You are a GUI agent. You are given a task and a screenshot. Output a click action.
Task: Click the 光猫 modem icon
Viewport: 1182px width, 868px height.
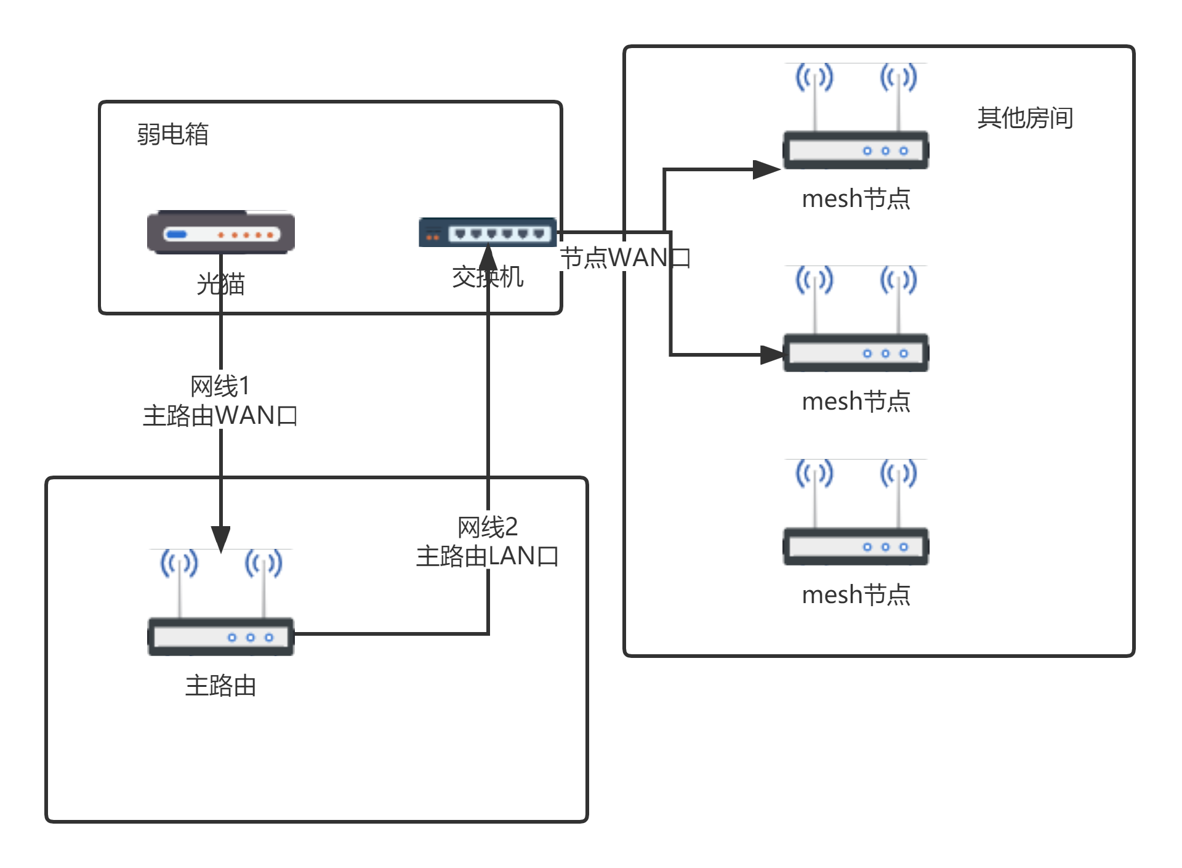(x=220, y=232)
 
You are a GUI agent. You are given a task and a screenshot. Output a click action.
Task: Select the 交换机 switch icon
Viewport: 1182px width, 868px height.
(x=488, y=232)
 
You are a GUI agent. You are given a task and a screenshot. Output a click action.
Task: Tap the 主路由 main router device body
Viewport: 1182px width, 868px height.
(x=220, y=636)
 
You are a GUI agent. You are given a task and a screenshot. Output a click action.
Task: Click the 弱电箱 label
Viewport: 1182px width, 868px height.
(x=172, y=134)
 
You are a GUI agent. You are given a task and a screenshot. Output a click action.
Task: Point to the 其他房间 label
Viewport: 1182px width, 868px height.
(x=1025, y=118)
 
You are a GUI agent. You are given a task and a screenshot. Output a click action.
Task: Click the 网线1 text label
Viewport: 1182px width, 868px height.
(x=220, y=386)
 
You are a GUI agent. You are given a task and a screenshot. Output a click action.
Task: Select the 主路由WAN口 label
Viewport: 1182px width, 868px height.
(x=220, y=416)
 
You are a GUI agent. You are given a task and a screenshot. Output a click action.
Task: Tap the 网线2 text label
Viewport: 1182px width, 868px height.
(x=487, y=527)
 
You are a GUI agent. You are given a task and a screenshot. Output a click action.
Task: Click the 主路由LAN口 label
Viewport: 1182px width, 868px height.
(x=487, y=556)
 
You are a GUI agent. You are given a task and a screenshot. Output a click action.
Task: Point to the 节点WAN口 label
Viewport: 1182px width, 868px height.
(x=625, y=258)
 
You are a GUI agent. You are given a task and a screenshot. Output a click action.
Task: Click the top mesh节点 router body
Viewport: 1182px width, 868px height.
(x=856, y=150)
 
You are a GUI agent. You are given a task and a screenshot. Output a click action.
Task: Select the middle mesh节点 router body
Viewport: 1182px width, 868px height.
(x=856, y=353)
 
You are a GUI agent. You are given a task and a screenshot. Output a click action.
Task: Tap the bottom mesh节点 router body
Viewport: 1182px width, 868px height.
(x=856, y=546)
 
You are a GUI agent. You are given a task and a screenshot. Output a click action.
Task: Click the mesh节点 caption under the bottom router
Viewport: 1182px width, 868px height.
(x=856, y=594)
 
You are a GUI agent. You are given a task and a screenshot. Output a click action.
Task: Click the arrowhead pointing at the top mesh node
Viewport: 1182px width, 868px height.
(x=766, y=169)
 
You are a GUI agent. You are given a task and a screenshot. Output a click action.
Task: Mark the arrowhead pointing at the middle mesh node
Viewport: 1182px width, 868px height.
(x=771, y=355)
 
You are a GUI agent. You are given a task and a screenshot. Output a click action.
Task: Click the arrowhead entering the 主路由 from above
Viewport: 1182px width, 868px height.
(x=221, y=538)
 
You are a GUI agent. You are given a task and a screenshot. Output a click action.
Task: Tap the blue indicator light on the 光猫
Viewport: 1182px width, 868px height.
(x=177, y=234)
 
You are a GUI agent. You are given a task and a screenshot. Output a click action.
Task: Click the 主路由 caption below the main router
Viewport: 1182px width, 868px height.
(x=220, y=686)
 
